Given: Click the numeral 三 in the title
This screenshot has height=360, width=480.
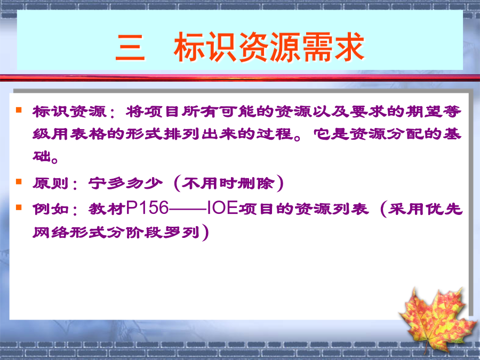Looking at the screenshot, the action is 130,47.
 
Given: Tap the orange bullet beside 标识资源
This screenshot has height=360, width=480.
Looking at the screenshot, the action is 19,109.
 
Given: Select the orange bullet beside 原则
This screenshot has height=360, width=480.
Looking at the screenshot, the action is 19,181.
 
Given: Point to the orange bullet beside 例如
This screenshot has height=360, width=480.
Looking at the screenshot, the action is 19,207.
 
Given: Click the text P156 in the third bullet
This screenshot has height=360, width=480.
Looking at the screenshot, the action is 147,208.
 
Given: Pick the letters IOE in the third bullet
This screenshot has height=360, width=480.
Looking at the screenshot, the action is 222,208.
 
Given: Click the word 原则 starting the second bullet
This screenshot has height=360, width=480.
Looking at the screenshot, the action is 51,183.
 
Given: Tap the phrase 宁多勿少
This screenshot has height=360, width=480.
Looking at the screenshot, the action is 125,183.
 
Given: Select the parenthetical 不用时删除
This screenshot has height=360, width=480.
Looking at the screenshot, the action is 228,183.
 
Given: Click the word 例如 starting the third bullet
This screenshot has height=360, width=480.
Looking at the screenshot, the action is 51,209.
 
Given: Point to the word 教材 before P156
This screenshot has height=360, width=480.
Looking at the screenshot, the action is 107,209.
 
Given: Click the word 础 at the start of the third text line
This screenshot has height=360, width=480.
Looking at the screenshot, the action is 42,156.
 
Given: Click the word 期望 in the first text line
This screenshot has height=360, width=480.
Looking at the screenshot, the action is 424,111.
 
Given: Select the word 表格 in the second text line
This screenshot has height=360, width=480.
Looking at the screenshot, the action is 88,134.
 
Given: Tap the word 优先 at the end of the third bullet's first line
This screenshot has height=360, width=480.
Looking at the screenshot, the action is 444,209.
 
